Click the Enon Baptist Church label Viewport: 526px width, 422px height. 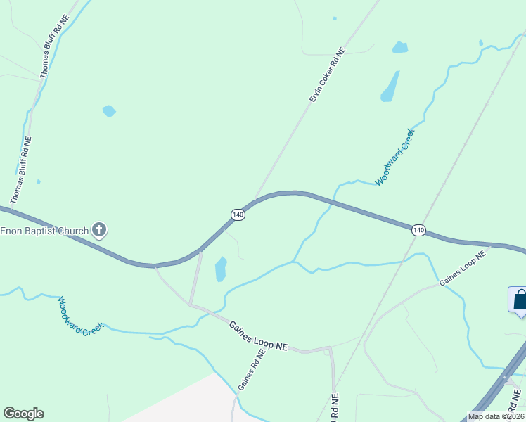coord(44,231)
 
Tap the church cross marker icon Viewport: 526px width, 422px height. coord(100,230)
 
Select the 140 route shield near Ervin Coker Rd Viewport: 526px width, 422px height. coord(238,215)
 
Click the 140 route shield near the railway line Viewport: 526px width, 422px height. coord(418,230)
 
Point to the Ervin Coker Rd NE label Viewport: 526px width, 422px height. coord(328,75)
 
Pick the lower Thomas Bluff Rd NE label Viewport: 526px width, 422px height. coord(23,165)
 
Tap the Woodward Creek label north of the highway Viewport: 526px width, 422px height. coord(395,156)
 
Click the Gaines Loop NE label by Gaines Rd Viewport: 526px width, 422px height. coord(259,335)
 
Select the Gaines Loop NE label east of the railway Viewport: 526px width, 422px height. coord(463,269)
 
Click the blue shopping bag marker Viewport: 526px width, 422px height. coord(519,300)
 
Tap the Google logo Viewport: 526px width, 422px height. coord(23,414)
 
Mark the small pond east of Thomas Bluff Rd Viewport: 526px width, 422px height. coord(108,110)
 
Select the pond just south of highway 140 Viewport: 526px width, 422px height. coord(221,269)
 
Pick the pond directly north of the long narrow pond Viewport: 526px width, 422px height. coord(399,47)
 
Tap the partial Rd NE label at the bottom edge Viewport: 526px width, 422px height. coord(335,406)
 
